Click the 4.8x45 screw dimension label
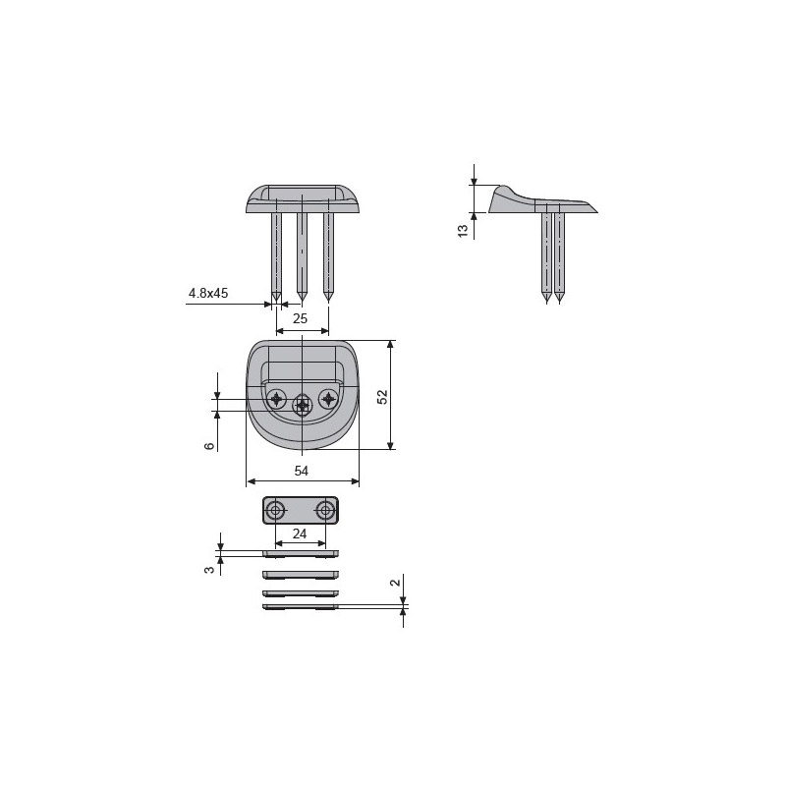208,293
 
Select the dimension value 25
300,318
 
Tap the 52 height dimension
382,397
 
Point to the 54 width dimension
301,471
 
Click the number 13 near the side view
463,231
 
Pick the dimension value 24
300,533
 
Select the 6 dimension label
210,445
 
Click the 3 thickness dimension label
210,570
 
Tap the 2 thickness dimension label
396,583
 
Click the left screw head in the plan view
276,399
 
